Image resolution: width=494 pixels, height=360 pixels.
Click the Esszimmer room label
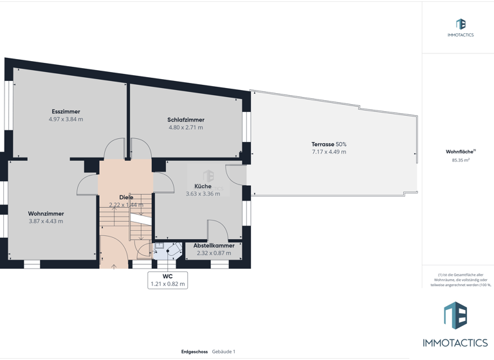(x=66, y=112)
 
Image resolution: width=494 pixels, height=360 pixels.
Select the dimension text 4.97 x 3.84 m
(x=66, y=120)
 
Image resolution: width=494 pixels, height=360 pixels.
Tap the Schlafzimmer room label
(x=186, y=120)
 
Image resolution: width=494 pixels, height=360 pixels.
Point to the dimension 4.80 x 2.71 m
(x=186, y=128)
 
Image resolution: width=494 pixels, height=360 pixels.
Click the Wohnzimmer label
(x=46, y=213)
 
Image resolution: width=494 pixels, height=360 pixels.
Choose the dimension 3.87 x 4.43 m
(x=46, y=221)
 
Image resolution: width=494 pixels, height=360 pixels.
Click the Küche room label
(x=203, y=186)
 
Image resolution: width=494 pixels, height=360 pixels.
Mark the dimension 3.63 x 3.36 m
(x=203, y=194)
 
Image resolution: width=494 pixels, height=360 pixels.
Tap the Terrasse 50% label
(x=329, y=145)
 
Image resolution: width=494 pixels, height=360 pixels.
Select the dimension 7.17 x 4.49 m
(x=329, y=152)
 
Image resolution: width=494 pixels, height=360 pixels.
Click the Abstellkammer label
(x=214, y=246)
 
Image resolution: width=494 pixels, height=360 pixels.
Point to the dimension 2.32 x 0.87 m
(x=214, y=253)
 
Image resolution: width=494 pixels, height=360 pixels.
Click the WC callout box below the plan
(x=167, y=280)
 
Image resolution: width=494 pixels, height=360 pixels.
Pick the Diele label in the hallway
(x=126, y=197)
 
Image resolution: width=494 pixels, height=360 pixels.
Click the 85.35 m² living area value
(x=461, y=160)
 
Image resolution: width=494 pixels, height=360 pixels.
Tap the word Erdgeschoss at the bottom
(x=194, y=352)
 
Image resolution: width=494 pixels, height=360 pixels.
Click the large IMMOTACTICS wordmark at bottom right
(x=455, y=343)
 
